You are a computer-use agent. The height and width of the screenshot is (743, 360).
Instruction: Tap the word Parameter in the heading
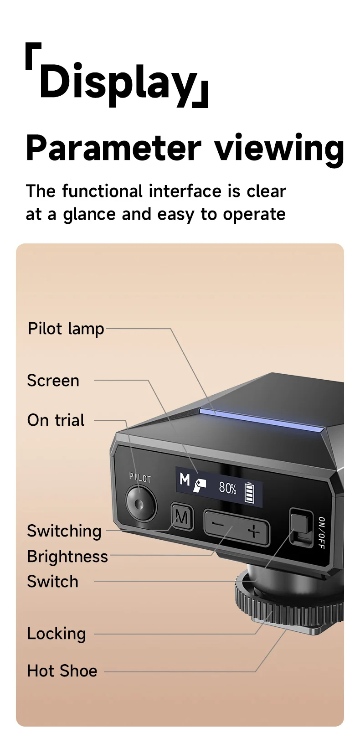point(113,148)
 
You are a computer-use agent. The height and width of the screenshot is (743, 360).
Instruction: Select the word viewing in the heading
point(279,148)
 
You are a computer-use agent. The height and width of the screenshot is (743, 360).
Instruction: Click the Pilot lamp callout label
point(66,329)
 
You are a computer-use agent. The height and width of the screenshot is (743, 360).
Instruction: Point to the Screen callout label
point(53,381)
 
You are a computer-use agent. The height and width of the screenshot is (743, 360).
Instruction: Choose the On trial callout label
point(56,420)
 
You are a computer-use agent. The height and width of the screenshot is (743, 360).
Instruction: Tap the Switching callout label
point(64,531)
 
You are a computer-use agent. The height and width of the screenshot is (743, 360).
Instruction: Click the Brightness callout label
point(67,557)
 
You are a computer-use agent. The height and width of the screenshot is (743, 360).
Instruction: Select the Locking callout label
point(57,634)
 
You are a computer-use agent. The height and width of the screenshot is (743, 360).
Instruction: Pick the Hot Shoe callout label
point(62,671)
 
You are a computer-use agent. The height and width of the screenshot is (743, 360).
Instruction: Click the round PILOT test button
point(140,504)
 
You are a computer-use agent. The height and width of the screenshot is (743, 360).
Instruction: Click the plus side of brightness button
point(253,531)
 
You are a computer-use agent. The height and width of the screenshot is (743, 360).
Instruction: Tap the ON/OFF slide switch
point(300,528)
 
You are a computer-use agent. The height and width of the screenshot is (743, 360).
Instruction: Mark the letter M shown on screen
point(185,480)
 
